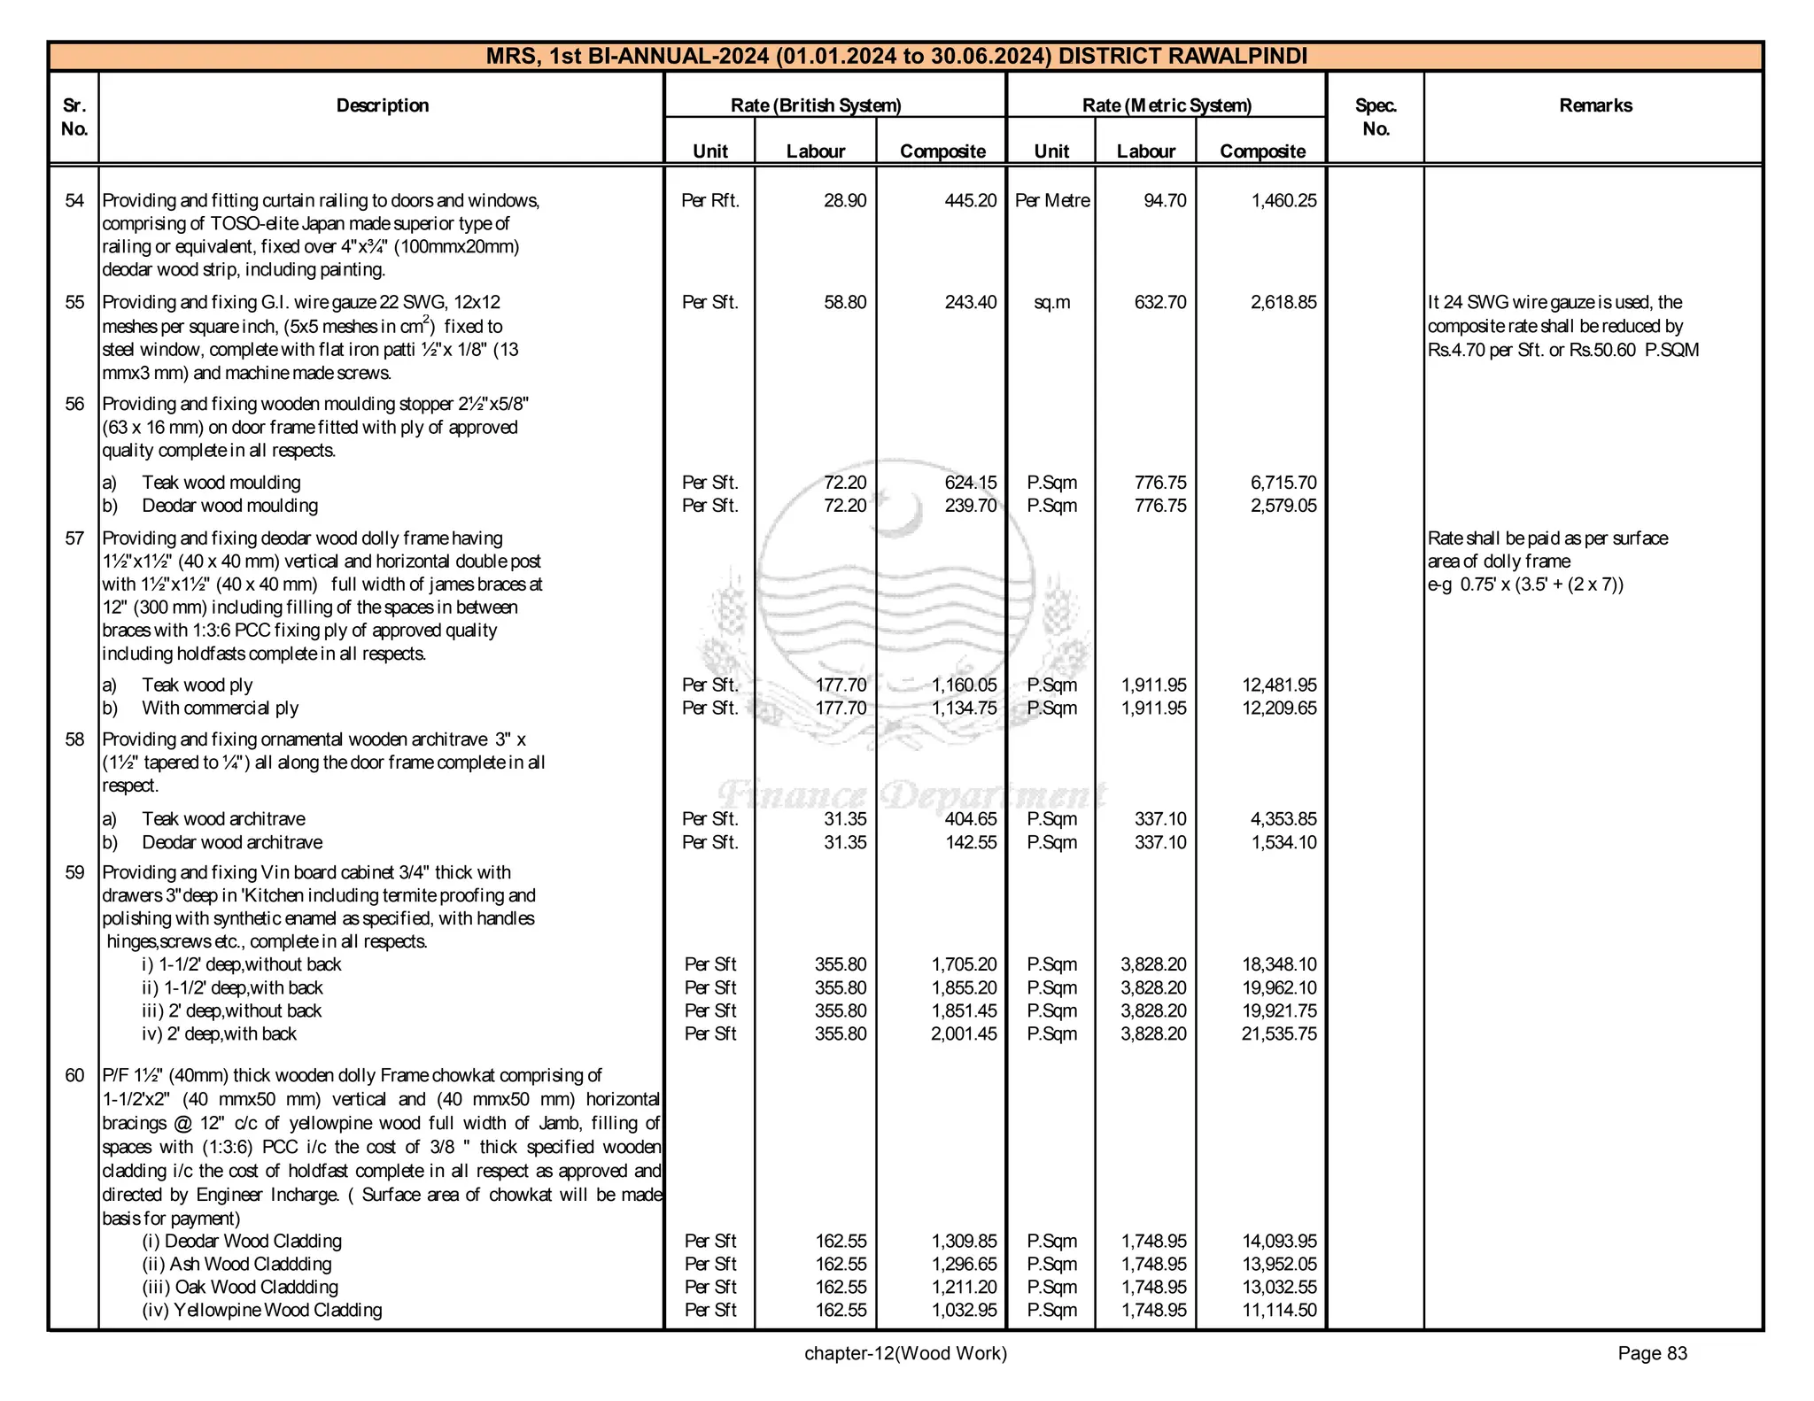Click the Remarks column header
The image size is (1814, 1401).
[x=1595, y=105]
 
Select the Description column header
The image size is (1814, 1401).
[x=382, y=105]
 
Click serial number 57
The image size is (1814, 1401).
[x=74, y=538]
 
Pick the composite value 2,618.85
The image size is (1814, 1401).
[x=1283, y=303]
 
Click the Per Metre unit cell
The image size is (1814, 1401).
[x=1051, y=201]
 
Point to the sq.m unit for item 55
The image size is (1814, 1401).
[x=1051, y=303]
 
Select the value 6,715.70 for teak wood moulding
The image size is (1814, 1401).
[x=1283, y=484]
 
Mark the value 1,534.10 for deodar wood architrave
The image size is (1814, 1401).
[x=1283, y=843]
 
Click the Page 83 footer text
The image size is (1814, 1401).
[x=1652, y=1354]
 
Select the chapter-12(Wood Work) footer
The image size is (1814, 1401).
[x=905, y=1354]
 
